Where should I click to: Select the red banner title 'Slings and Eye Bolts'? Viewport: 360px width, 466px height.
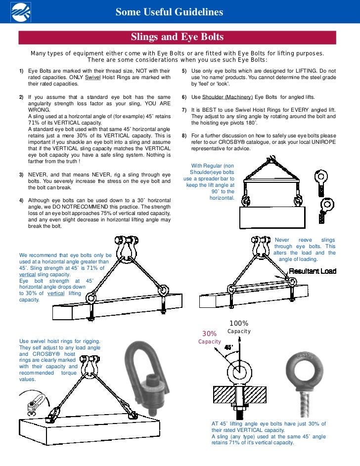pos(177,38)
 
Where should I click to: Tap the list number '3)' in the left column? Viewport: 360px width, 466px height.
pos(21,175)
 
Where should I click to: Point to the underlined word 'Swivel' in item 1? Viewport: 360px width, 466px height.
pos(92,78)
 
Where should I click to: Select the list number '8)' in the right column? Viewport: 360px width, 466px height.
pos(184,135)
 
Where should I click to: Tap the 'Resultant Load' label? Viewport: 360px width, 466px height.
pos(313,271)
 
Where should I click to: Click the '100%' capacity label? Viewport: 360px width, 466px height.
pos(239,323)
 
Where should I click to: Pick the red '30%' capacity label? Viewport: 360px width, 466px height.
pos(210,334)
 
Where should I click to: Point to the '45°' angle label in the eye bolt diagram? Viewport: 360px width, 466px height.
pos(228,347)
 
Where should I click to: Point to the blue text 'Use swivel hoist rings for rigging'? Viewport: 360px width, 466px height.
pos(60,341)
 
